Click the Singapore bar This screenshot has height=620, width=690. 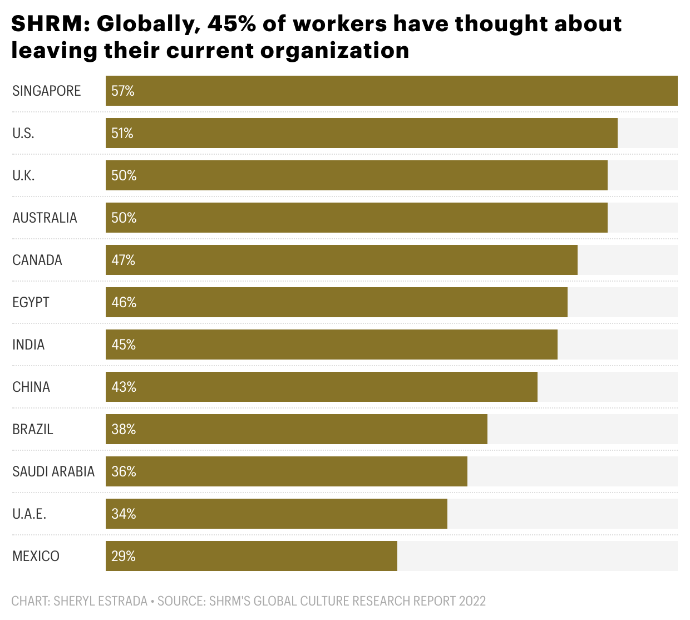click(x=391, y=91)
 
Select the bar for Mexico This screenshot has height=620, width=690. click(x=252, y=556)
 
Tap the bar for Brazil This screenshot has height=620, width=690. click(x=297, y=429)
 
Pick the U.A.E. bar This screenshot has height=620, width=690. click(x=277, y=514)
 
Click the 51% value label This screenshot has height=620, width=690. click(x=122, y=133)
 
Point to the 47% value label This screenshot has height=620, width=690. click(x=123, y=260)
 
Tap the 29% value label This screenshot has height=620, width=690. click(x=123, y=556)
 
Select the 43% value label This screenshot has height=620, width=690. click(x=124, y=387)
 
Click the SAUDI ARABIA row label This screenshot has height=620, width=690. click(x=53, y=471)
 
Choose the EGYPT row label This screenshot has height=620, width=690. click(x=31, y=302)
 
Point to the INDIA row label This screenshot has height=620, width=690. click(x=28, y=345)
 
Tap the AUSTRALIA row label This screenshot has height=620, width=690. click(x=45, y=218)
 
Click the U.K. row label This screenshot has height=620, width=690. click(x=23, y=175)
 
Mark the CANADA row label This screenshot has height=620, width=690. click(x=37, y=260)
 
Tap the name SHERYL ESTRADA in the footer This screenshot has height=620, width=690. click(x=100, y=601)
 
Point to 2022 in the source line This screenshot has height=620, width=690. click(x=472, y=601)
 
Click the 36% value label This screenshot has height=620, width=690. click(x=124, y=471)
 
